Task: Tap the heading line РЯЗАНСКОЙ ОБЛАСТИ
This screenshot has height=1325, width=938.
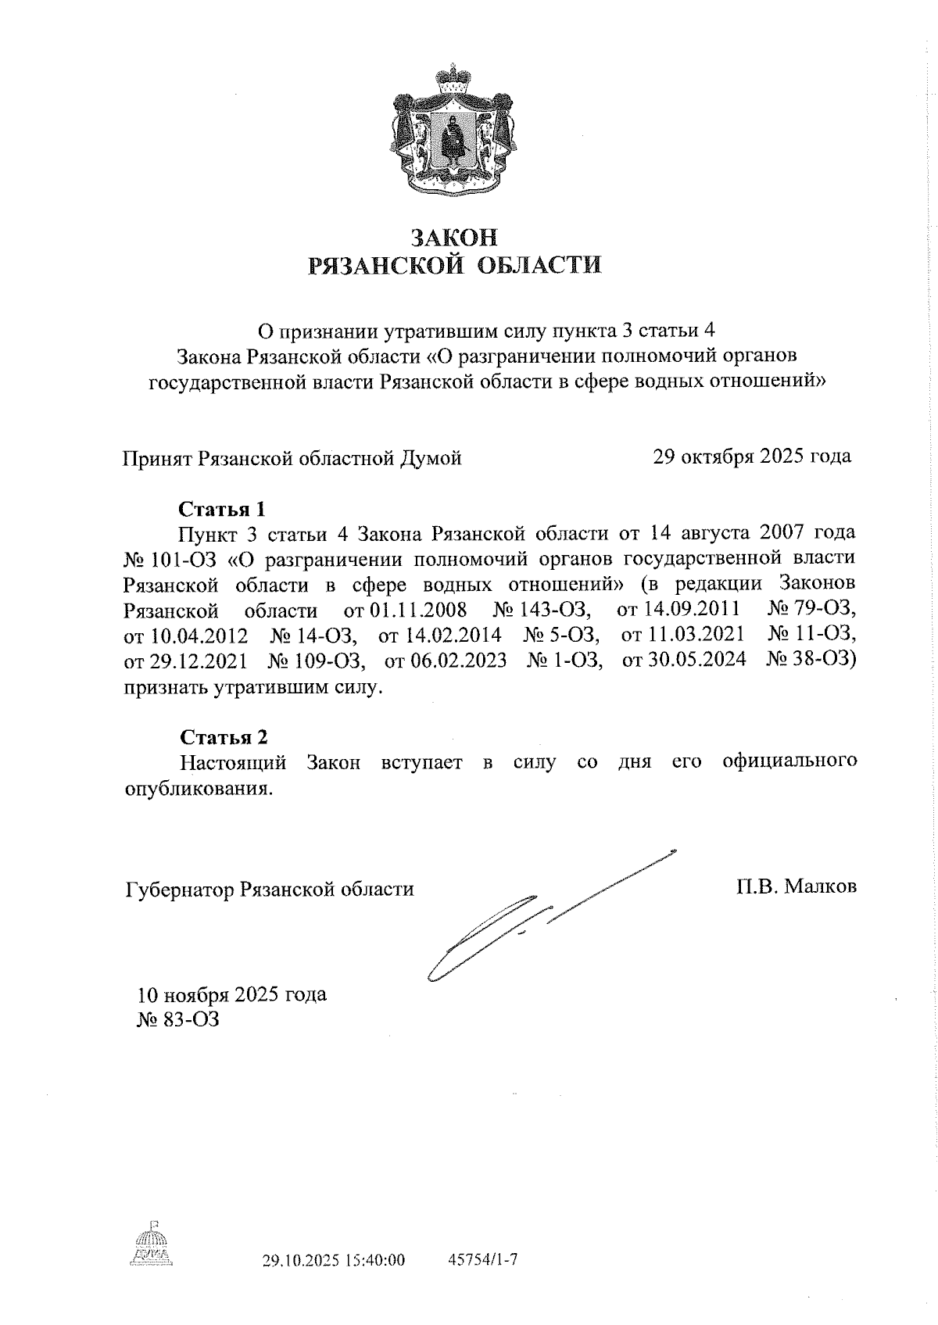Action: pyautogui.click(x=456, y=265)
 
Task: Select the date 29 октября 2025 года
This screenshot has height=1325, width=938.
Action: pyautogui.click(x=751, y=456)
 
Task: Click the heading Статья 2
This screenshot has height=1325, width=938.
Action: pyautogui.click(x=224, y=736)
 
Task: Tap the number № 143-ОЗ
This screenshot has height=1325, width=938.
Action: pyautogui.click(x=541, y=610)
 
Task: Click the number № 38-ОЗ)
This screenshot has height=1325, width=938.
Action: pyautogui.click(x=811, y=661)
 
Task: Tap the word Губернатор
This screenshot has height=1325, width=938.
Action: pyautogui.click(x=180, y=889)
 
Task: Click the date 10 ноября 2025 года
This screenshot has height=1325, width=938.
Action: pyautogui.click(x=232, y=994)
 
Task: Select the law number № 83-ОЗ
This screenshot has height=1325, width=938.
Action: pyautogui.click(x=177, y=1019)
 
